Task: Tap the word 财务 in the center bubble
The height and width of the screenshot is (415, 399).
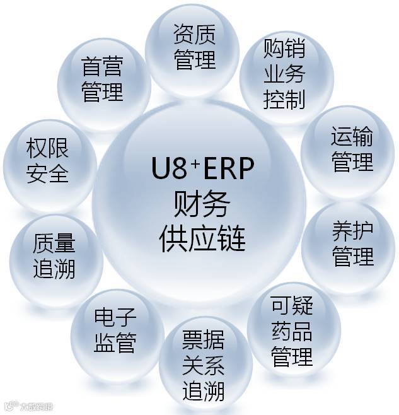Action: click(x=200, y=204)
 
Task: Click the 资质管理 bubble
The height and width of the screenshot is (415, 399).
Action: click(x=194, y=47)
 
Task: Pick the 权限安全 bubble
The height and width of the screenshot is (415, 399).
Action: click(x=47, y=161)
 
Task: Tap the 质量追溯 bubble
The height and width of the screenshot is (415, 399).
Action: click(x=54, y=256)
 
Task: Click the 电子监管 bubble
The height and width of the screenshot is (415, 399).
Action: click(x=115, y=330)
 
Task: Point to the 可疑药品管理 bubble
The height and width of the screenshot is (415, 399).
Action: click(x=292, y=332)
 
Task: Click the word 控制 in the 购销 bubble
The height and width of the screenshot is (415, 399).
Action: click(x=284, y=99)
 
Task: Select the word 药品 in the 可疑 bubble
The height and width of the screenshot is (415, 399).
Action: click(x=292, y=332)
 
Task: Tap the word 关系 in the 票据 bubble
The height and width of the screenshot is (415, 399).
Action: click(x=204, y=366)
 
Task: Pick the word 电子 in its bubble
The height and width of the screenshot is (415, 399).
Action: click(x=115, y=317)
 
